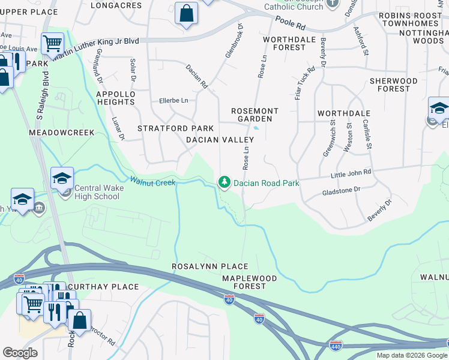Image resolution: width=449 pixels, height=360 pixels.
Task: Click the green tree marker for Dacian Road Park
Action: [224, 181]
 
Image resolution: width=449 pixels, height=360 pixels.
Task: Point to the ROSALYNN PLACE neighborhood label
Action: [209, 266]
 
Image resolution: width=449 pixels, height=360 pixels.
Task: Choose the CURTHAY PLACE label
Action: [103, 287]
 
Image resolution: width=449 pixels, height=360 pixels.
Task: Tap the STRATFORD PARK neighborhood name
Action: [175, 128]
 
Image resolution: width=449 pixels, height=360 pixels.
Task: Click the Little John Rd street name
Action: [351, 173]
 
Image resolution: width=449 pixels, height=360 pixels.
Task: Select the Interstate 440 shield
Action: [336, 346]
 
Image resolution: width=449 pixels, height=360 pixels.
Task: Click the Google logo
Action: [20, 353]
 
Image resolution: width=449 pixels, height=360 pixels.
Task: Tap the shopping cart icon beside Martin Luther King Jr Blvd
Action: [53, 43]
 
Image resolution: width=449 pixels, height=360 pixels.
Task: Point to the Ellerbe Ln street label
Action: [173, 100]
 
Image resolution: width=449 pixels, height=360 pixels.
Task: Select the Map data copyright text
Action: [411, 355]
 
